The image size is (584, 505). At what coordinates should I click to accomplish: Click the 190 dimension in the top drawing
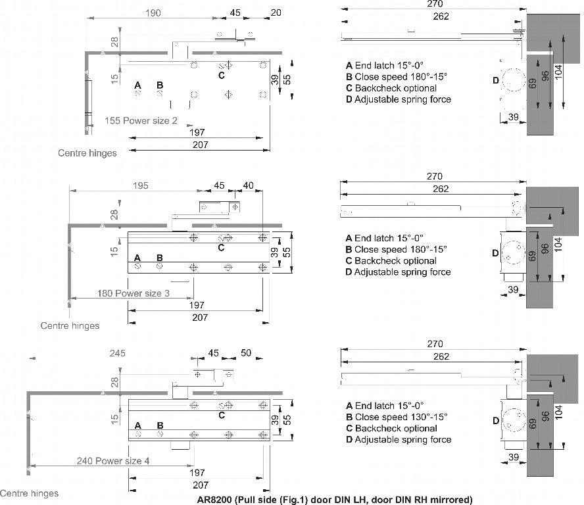coord(153,13)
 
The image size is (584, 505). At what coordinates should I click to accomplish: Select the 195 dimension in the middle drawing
coord(141,185)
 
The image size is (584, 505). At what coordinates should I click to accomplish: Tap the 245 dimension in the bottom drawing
coord(117,353)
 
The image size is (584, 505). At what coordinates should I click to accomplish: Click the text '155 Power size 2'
coord(141,121)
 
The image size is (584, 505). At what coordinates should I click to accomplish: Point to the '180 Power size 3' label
coord(134,293)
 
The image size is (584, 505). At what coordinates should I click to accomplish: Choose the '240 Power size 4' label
coord(113,461)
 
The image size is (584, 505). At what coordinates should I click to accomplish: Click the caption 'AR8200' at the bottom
coord(214,500)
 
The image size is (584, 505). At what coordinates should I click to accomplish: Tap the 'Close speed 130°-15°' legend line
coord(401,417)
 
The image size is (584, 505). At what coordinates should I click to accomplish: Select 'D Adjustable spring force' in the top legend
coord(399,99)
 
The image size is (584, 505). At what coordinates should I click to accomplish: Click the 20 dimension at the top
coord(276,12)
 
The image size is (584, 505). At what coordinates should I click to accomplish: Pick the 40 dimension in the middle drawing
coord(249,185)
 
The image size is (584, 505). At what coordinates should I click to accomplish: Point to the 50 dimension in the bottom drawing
coord(246,352)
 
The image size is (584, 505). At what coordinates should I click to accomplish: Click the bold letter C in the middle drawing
coord(221,248)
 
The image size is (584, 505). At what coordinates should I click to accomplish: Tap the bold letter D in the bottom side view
coord(496,421)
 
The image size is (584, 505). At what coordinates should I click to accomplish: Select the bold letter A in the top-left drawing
coord(138,85)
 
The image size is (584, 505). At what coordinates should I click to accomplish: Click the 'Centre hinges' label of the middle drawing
coord(70,325)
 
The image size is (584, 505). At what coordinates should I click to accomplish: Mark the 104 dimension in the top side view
coord(558,71)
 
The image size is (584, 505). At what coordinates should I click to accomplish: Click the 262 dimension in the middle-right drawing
coord(441,189)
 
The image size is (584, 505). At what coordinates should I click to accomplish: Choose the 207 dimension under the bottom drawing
coord(201,485)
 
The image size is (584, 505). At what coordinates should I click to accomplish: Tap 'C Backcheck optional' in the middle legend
coord(391,260)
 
